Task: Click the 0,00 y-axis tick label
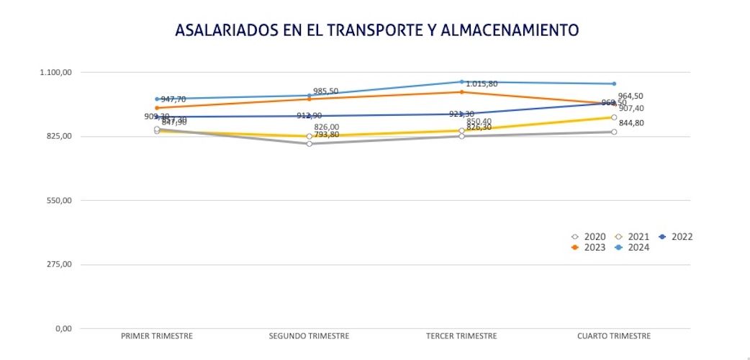[x=63, y=328]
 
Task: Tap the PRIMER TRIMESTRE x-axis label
[x=157, y=336]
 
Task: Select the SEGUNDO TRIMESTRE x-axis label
[x=309, y=336]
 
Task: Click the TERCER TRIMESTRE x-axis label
[x=461, y=336]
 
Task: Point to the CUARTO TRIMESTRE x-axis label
[x=614, y=336]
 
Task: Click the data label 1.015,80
[x=482, y=84]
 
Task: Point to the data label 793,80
[x=326, y=135]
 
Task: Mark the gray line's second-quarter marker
[x=310, y=144]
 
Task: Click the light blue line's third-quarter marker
[x=461, y=82]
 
